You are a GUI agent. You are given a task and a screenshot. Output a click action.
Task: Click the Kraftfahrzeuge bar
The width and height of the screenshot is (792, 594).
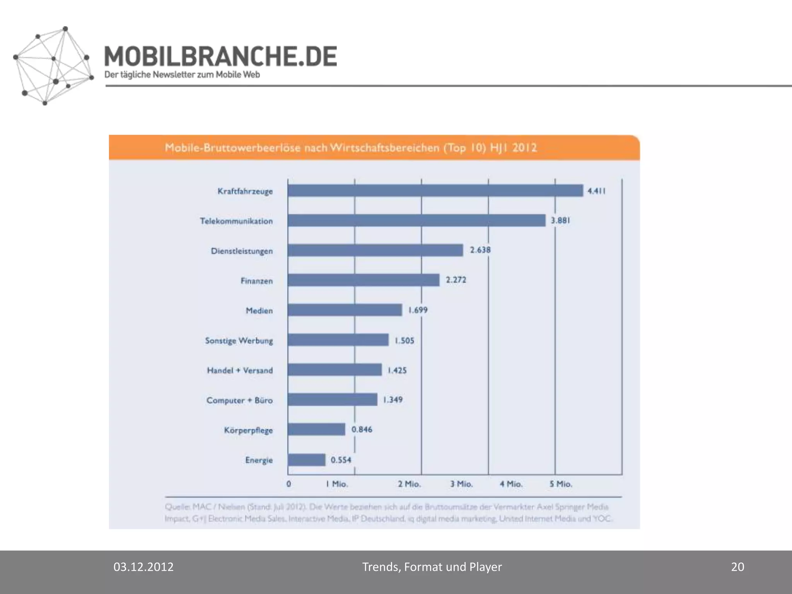435,191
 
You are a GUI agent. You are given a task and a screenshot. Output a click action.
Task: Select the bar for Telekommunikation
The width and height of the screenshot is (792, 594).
416,220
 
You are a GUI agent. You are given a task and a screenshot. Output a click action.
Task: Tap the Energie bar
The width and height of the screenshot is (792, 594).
306,460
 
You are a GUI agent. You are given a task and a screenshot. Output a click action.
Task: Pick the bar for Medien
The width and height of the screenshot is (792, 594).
345,310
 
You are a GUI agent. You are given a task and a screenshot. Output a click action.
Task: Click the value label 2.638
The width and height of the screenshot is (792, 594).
480,250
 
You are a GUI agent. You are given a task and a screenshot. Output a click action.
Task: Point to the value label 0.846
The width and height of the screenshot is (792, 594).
362,430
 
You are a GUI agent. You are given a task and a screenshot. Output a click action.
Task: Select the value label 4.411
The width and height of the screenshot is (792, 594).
596,191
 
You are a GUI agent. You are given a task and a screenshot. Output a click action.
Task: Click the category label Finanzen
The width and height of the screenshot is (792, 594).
256,281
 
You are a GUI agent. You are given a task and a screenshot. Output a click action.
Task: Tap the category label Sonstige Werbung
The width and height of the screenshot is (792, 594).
239,341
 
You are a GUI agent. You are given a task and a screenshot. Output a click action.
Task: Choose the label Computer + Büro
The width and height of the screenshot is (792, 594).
239,400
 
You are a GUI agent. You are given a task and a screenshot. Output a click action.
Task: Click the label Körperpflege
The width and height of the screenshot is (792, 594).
248,430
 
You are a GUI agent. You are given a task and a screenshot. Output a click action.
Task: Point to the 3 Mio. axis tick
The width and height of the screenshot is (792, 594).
461,484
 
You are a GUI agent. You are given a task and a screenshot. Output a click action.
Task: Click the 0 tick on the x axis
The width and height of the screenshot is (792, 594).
288,484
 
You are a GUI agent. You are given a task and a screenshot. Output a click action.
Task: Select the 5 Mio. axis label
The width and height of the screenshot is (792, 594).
560,484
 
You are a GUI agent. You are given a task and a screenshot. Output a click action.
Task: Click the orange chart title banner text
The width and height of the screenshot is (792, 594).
351,148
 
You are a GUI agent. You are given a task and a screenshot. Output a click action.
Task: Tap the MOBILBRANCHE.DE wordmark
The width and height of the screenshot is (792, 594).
220,56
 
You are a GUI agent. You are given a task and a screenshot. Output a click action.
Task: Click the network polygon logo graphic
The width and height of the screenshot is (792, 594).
52,66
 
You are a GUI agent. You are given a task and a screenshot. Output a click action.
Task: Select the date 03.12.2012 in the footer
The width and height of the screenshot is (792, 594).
143,567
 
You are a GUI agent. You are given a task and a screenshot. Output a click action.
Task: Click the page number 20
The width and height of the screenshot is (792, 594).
737,567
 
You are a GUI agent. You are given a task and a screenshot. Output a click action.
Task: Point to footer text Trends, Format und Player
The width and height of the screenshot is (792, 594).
432,567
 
